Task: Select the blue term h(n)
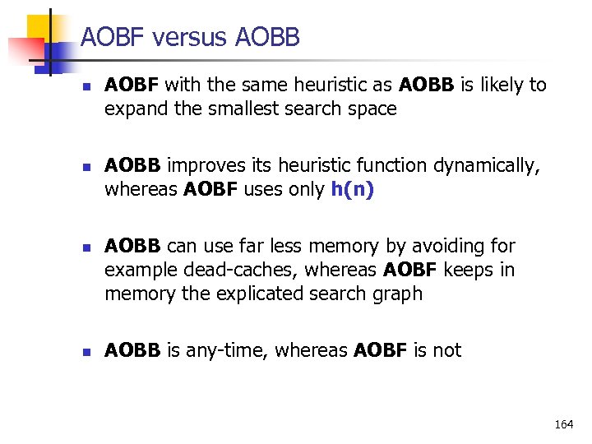pyautogui.click(x=352, y=189)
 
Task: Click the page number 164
pyautogui.click(x=564, y=424)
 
